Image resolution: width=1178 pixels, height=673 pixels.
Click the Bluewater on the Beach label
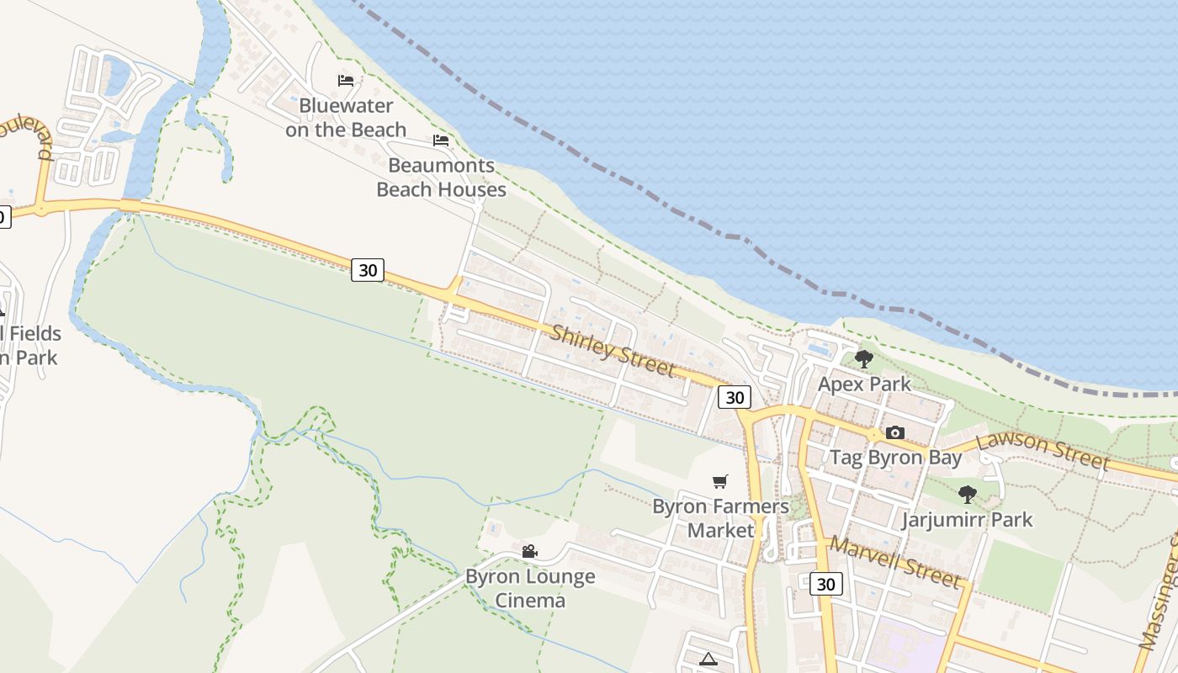coord(346,118)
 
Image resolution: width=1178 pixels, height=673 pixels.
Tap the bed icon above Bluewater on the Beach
coord(346,81)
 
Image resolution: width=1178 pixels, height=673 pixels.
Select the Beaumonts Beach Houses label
coord(441,178)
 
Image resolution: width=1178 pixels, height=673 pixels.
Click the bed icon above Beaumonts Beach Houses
coord(441,140)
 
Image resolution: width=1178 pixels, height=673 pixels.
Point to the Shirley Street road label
coord(613,351)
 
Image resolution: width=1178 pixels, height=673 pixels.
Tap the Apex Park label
coord(864,384)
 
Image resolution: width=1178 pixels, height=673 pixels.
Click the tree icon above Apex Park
coord(863,359)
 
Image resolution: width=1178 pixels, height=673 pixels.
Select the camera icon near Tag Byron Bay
coord(895,432)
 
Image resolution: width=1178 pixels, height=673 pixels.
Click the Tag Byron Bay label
coord(895,458)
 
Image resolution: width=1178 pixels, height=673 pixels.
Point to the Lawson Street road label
coord(1043,451)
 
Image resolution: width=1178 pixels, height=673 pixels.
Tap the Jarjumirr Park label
coord(967,520)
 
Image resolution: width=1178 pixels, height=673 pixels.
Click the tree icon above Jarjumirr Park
coord(968,495)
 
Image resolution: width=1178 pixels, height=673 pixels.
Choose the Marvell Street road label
coord(894,562)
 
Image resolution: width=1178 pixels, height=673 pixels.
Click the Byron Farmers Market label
coord(721,518)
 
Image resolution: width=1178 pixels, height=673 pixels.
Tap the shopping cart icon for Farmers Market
coord(720,482)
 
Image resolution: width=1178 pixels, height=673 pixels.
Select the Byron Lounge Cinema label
coord(530,588)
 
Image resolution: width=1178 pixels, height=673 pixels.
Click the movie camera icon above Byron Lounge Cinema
coord(529,552)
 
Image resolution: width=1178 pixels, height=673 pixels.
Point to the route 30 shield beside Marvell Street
coord(826,584)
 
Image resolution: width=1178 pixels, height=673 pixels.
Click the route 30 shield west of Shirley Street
coord(368,270)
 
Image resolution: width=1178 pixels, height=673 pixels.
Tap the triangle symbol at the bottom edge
coord(708,660)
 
